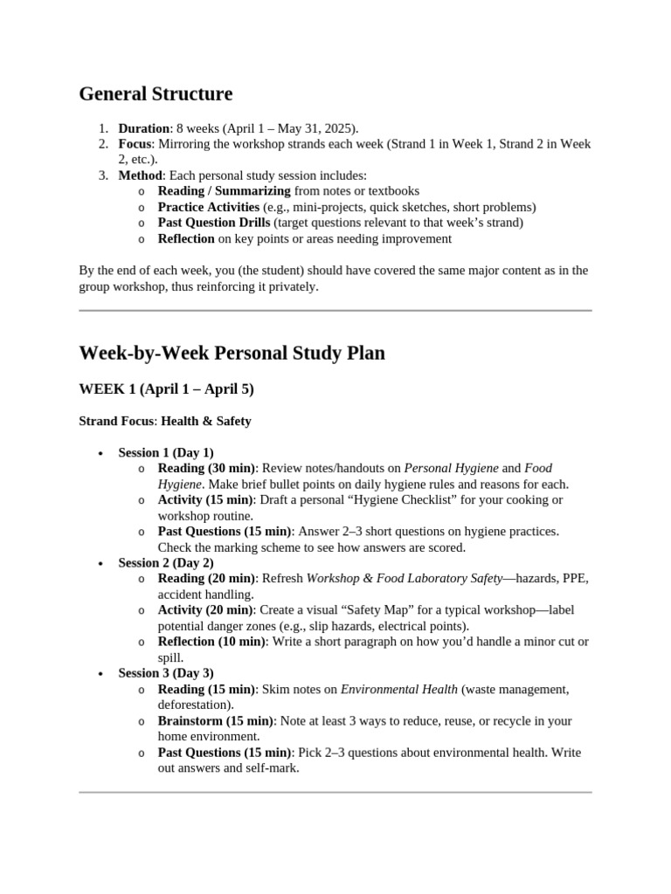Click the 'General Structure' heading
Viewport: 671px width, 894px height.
click(156, 94)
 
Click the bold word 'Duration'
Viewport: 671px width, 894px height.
click(144, 128)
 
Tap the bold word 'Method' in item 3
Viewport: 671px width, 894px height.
click(141, 175)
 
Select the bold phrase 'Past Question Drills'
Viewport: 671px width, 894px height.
click(214, 223)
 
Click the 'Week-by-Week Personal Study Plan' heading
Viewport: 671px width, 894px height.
click(232, 353)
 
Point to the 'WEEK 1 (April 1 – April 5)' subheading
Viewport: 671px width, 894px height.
click(166, 389)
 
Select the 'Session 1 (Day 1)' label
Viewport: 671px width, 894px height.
click(165, 452)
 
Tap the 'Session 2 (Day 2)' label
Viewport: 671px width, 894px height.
click(165, 562)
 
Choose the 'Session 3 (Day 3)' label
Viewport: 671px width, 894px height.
click(165, 673)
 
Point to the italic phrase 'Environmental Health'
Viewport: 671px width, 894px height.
click(398, 689)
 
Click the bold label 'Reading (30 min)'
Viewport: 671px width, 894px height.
click(206, 468)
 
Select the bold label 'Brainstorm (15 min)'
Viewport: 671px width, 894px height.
click(214, 720)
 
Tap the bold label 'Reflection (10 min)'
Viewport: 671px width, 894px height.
click(211, 642)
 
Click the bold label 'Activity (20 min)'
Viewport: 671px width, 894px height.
click(205, 610)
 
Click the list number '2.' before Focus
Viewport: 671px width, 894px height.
click(103, 144)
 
